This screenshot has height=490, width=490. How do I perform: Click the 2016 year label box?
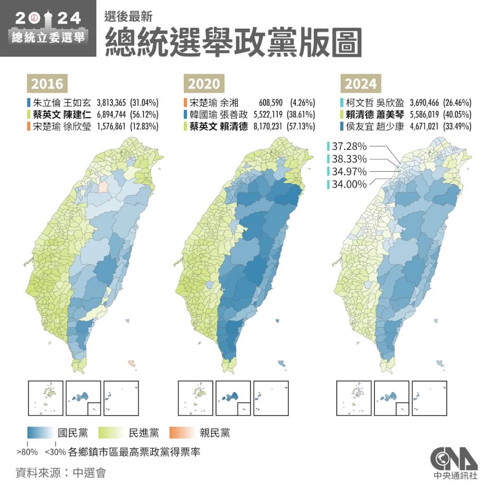click(x=47, y=84)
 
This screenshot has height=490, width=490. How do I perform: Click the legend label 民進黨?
click(x=144, y=434)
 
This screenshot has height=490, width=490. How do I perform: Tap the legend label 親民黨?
click(x=215, y=434)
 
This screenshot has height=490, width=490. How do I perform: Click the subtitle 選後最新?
click(x=128, y=16)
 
